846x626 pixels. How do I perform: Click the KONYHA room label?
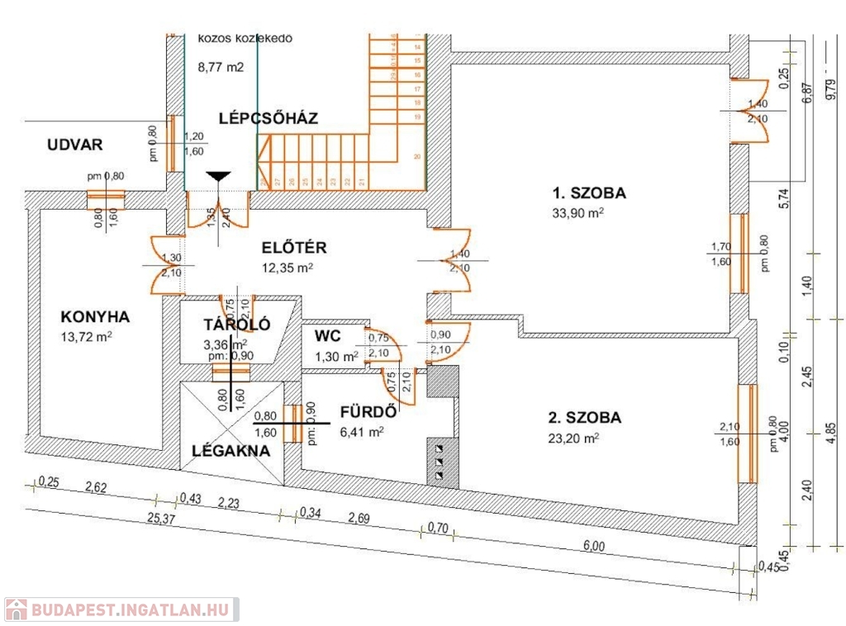96,317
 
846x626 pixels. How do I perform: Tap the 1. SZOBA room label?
589,194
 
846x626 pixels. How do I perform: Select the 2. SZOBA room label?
584,418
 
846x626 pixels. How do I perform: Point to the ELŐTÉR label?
294,247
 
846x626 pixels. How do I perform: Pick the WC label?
328,336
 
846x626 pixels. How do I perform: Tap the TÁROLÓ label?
237,325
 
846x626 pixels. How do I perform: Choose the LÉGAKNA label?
231,451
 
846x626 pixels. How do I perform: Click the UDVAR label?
74,145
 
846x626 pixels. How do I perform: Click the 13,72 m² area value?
86,337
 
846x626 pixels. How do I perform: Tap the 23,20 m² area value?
573,439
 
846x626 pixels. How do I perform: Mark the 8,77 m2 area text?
221,69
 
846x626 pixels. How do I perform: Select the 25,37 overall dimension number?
162,519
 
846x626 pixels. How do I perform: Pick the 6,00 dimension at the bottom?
593,545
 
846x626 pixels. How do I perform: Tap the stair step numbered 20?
418,156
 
